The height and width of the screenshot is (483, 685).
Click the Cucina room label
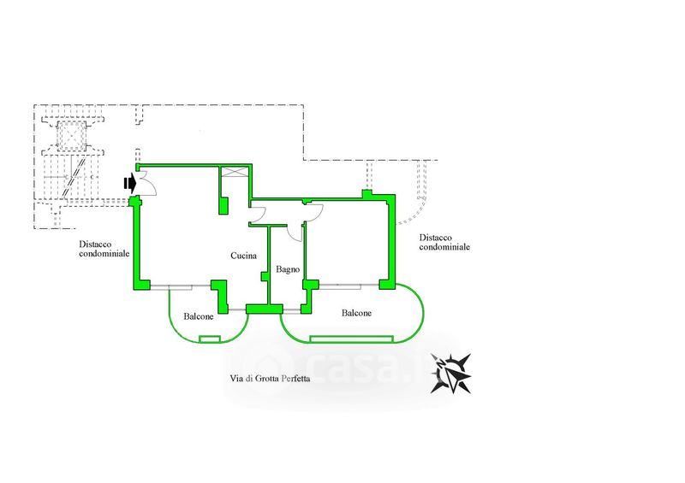point(243,256)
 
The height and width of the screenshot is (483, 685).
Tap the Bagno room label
point(288,269)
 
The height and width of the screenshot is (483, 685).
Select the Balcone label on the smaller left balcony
point(199,316)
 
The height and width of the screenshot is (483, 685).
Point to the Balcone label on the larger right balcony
point(356,313)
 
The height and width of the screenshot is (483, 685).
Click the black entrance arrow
point(130,184)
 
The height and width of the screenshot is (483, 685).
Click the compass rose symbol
point(451,373)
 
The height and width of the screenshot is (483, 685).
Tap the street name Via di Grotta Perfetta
point(270,379)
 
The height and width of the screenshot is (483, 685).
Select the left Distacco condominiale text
point(104,249)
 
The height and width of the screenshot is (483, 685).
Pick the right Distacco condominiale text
point(444,242)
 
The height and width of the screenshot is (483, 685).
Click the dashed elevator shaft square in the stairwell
point(71,134)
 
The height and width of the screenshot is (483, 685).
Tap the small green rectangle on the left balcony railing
point(210,339)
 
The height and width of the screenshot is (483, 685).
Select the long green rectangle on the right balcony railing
point(351,339)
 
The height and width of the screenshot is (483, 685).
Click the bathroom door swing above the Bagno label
point(295,233)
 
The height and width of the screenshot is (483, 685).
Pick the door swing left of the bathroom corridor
point(258,215)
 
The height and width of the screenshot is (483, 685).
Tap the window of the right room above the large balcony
point(348,286)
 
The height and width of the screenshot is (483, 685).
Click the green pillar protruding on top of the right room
point(367,194)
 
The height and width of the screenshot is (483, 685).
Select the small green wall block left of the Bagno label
point(264,276)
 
